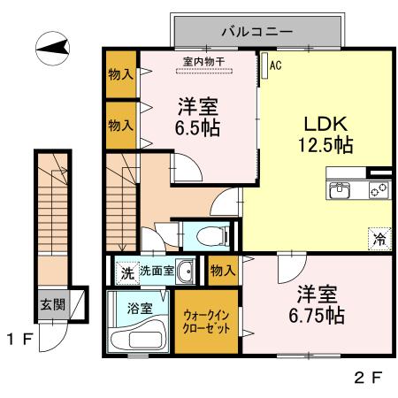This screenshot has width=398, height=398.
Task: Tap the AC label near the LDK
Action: click(274, 65)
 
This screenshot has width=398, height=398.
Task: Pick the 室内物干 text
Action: click(203, 61)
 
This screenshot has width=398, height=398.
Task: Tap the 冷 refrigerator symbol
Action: click(379, 237)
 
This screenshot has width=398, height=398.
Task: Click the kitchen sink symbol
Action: click(341, 188)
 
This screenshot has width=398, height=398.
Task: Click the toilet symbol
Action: click(209, 235)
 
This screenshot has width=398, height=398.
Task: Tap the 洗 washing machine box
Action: click(127, 272)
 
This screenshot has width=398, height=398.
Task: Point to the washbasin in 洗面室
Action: click(186, 272)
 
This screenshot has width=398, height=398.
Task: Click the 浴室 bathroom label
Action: click(138, 309)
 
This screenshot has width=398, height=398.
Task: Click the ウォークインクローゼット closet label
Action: click(210, 321)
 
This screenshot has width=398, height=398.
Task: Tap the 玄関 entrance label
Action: click(50, 303)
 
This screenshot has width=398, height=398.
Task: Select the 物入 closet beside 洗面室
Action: click(221, 271)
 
